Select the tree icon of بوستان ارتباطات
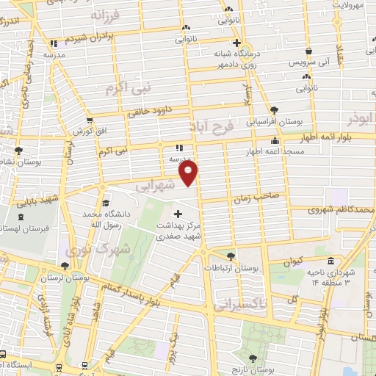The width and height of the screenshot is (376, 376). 231,256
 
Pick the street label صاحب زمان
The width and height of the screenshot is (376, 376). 255,197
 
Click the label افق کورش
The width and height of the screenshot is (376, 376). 85,130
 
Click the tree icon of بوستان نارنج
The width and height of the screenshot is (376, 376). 253,358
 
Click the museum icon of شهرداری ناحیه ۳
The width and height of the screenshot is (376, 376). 330,262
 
